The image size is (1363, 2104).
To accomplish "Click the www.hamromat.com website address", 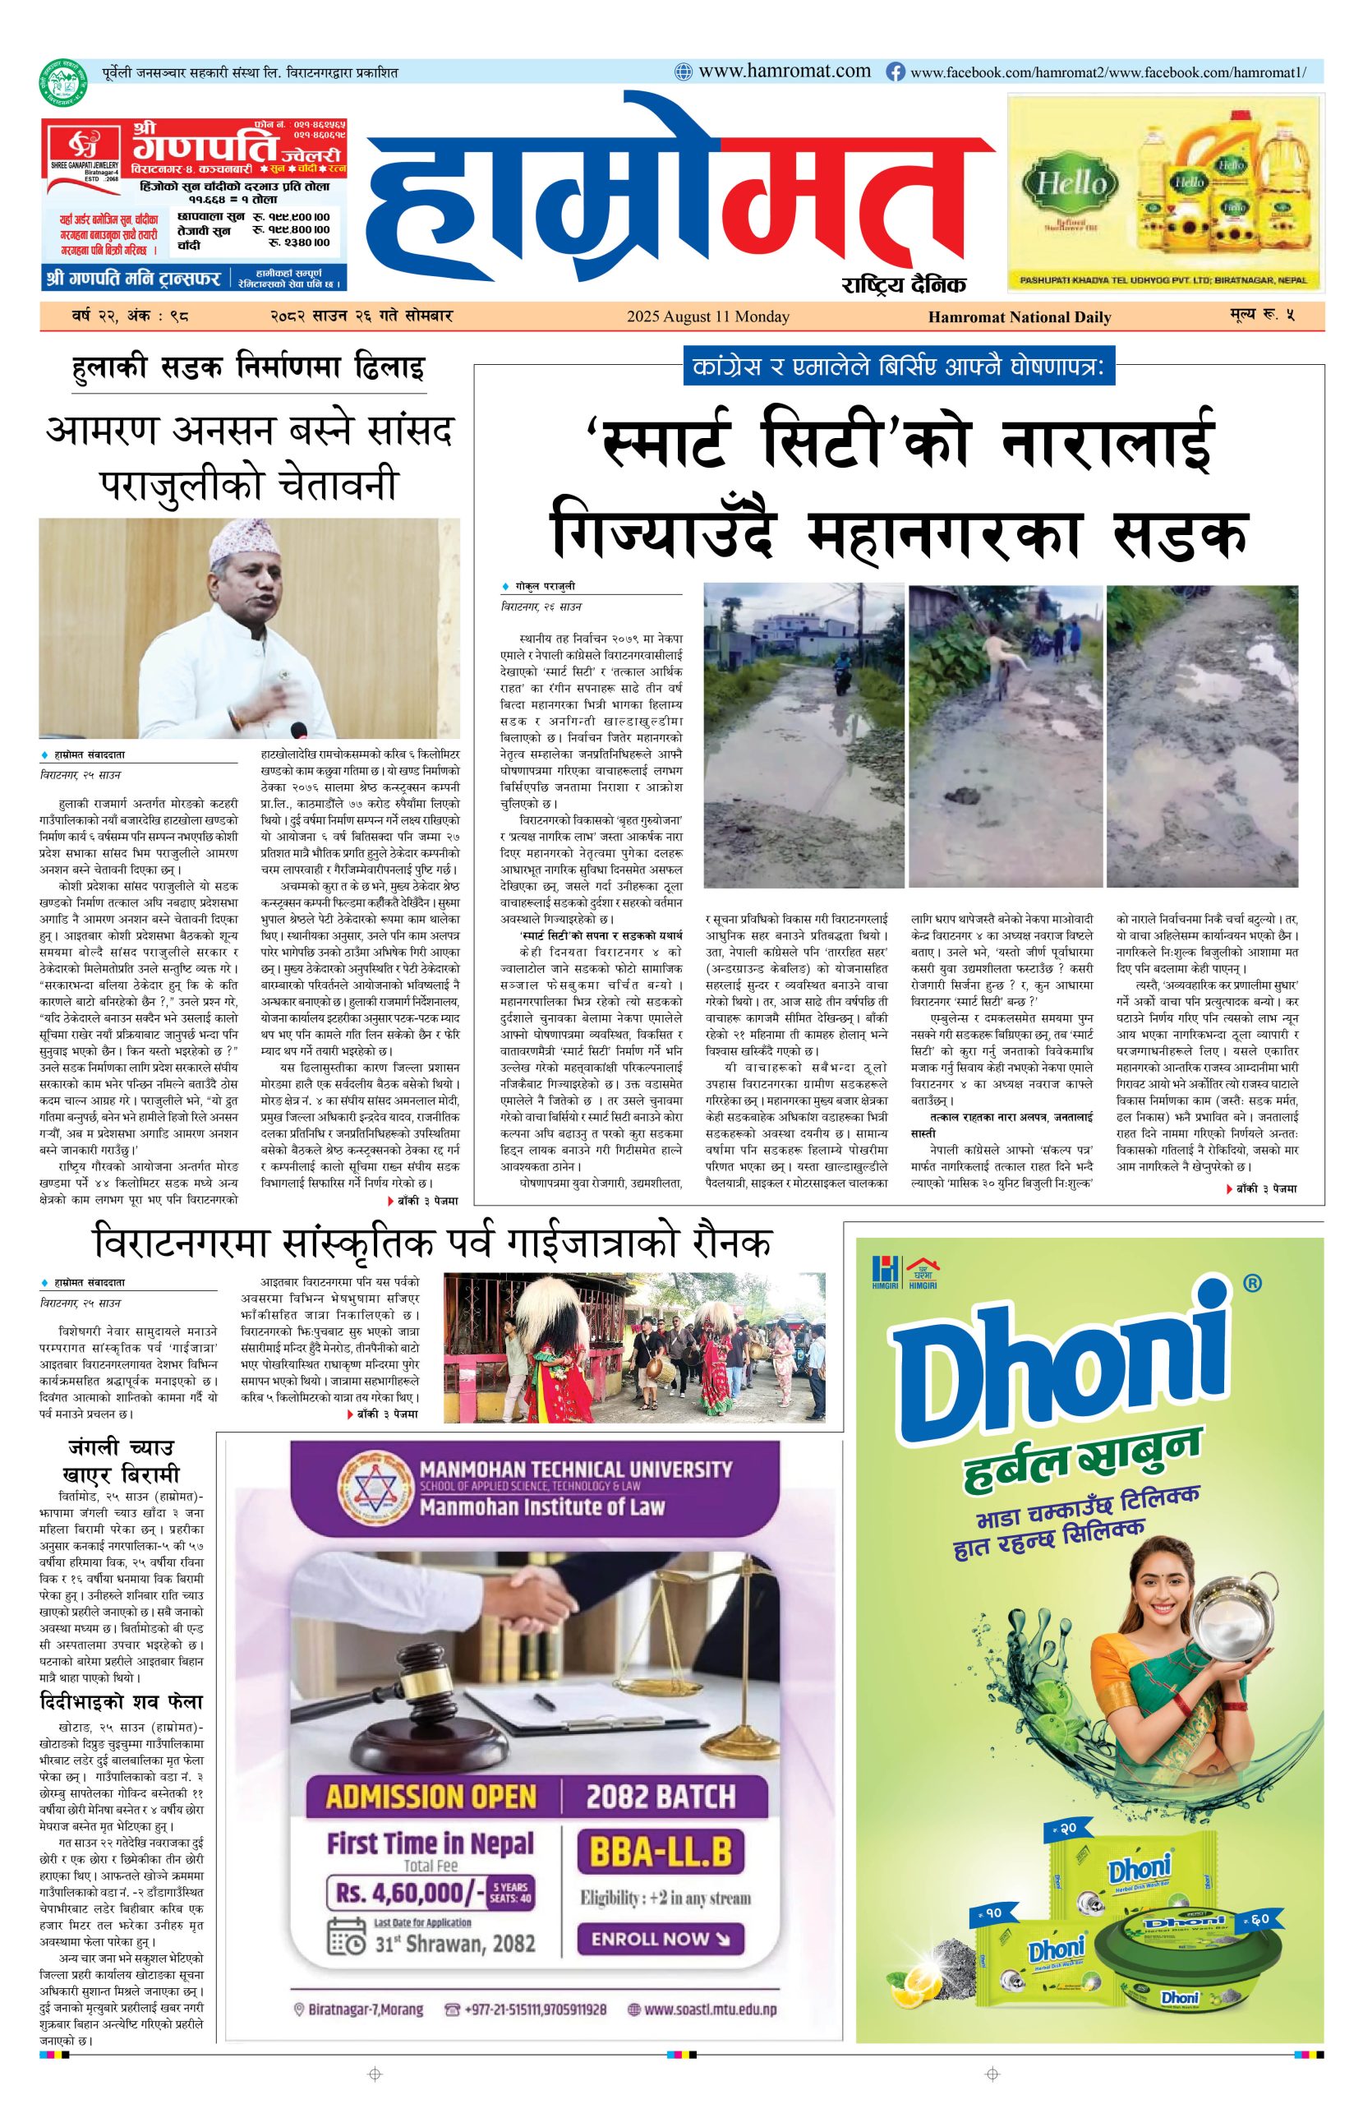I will pos(784,72).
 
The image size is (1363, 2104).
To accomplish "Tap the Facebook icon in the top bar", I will pos(895,72).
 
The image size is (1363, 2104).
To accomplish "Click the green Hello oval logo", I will pos(1063,184).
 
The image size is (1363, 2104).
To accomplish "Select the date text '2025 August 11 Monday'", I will pos(708,316).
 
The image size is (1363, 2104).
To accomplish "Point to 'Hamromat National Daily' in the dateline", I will pos(1019,317).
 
